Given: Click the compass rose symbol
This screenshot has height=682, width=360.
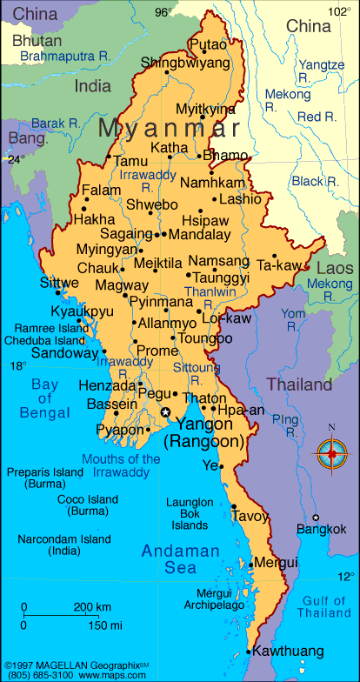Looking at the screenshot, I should click(330, 451).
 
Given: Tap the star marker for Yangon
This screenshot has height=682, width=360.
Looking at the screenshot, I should click(166, 412).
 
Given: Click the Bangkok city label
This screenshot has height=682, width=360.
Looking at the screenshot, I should click(322, 529).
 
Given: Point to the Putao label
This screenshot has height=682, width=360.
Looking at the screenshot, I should click(208, 44).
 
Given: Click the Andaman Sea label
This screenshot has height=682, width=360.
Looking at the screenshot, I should click(170, 559).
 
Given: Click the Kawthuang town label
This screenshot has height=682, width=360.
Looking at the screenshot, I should click(289, 651).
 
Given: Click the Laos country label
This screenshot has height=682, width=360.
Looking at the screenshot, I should click(335, 268).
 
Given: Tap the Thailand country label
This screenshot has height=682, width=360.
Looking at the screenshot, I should click(299, 384).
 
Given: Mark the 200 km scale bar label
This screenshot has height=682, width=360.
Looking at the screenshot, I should click(91, 606).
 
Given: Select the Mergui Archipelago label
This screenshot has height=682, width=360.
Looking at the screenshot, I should click(208, 599).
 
